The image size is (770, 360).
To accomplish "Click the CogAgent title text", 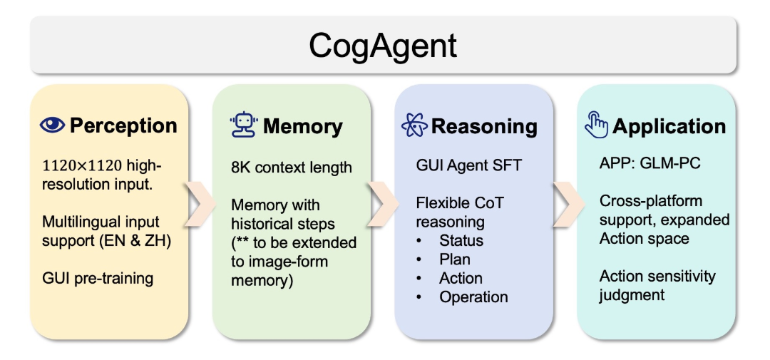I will click(383, 46).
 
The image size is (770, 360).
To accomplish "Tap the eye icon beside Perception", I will click(52, 126).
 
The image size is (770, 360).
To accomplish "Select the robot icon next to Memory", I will click(243, 126).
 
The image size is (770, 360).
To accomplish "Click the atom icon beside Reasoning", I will click(414, 126).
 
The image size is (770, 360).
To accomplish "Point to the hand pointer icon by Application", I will click(596, 126).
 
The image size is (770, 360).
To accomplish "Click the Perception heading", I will click(123, 126).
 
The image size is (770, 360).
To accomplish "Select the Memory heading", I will click(303, 127).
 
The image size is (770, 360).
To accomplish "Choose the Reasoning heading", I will click(484, 127).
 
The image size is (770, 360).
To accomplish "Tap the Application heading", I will click(669, 127).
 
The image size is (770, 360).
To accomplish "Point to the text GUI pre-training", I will click(97, 277).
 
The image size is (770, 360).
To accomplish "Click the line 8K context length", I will click(291, 168).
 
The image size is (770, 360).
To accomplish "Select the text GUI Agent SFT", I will click(468, 165).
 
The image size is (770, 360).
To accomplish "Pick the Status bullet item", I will click(461, 240).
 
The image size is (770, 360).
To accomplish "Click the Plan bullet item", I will click(455, 259).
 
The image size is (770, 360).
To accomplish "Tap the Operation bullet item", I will click(473, 297).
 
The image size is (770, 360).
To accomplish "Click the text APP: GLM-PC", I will click(650, 163).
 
